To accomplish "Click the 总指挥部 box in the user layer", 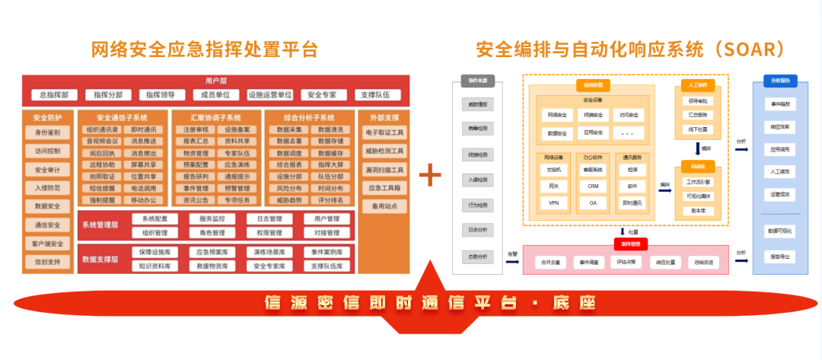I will pyautogui.click(x=54, y=95).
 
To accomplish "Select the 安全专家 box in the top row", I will pyautogui.click(x=323, y=95).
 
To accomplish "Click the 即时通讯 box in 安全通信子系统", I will pyautogui.click(x=144, y=130).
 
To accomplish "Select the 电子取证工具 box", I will pyautogui.click(x=384, y=132).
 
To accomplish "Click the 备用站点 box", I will pyautogui.click(x=384, y=206).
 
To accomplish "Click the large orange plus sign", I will pyautogui.click(x=431, y=177).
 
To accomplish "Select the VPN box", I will pyautogui.click(x=553, y=203).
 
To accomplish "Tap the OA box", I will pyautogui.click(x=593, y=203).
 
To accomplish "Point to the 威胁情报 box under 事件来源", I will pyautogui.click(x=478, y=104).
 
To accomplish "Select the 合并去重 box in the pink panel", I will pyautogui.click(x=551, y=262).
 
